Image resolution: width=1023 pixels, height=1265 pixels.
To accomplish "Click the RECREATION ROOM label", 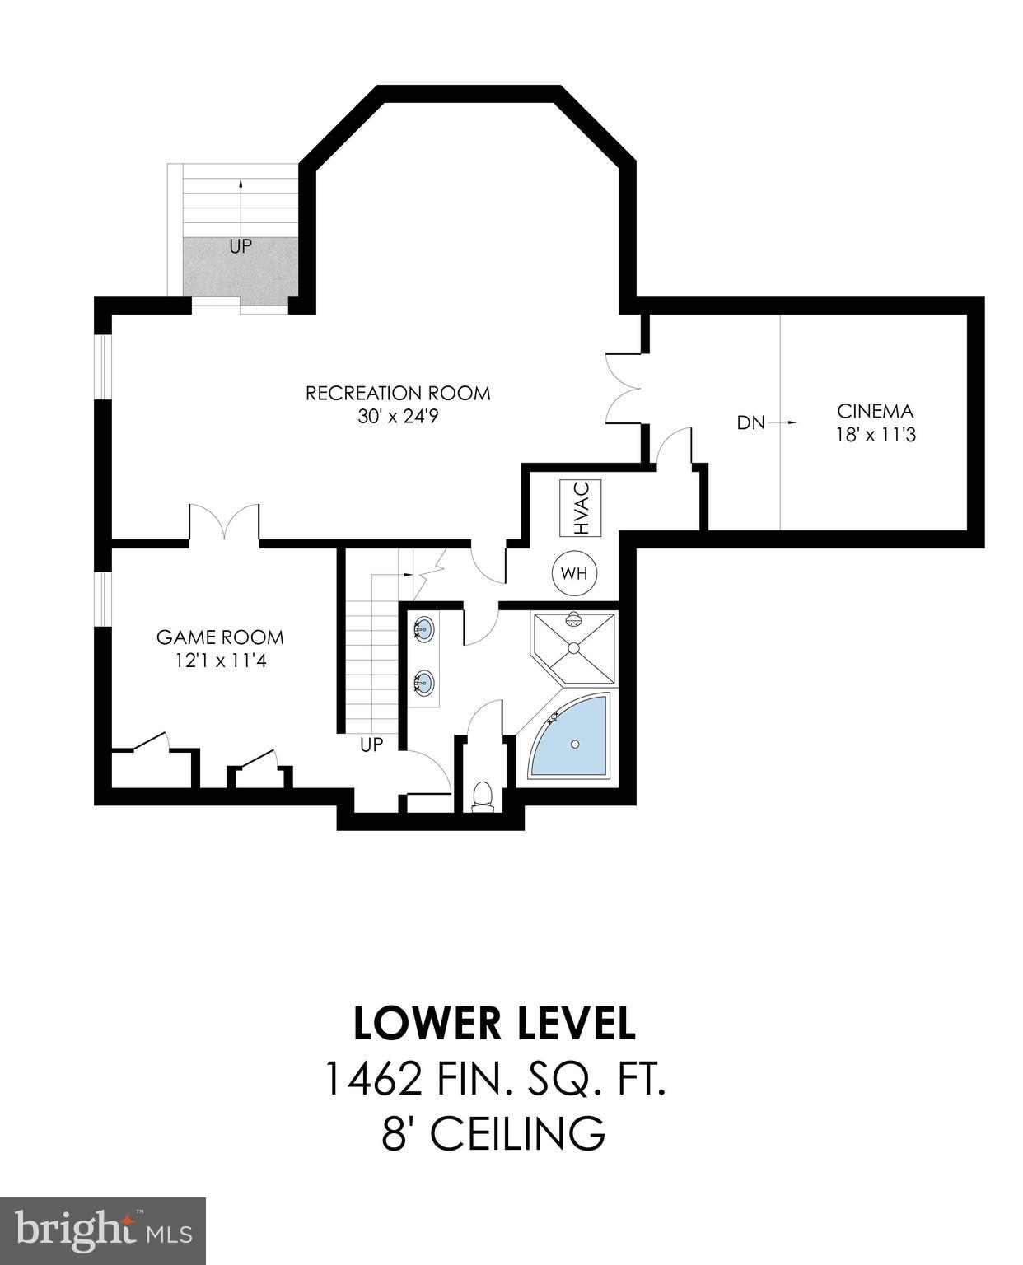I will click(x=398, y=394).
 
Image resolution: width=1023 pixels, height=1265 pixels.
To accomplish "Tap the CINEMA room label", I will click(x=876, y=411).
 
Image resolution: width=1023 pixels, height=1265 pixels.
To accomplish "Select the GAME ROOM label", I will click(x=220, y=637).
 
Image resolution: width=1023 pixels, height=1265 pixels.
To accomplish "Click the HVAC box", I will click(x=581, y=508).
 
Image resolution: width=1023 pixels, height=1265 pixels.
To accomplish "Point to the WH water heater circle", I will click(x=574, y=573).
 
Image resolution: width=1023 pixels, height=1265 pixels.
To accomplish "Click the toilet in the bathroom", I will click(x=483, y=796).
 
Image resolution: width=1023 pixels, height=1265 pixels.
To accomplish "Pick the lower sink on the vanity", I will click(x=423, y=683).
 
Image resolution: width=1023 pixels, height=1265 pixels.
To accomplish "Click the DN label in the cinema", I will click(x=750, y=423).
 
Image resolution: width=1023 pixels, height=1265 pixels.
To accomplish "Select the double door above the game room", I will click(x=225, y=523).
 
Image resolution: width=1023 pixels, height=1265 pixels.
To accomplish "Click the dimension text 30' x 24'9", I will click(x=398, y=417).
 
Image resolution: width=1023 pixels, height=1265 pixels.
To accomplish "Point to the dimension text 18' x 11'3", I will click(x=876, y=434).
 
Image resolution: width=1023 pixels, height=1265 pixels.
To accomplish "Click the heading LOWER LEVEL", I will click(x=494, y=1024).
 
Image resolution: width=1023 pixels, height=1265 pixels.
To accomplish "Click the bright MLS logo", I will click(x=103, y=1230).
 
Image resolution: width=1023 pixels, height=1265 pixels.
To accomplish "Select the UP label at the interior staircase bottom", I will click(x=371, y=745).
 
